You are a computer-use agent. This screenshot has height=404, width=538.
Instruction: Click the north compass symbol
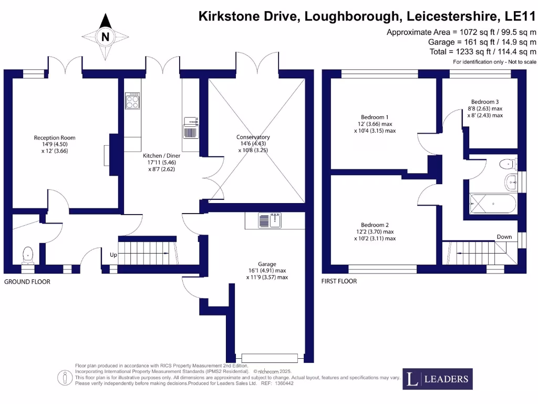[106, 36]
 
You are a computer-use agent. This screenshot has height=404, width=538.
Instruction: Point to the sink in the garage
[270, 220]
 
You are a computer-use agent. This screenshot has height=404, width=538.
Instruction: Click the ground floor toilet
[28, 255]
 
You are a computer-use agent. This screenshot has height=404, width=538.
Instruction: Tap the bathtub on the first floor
[492, 203]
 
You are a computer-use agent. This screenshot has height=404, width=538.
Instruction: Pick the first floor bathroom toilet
[508, 163]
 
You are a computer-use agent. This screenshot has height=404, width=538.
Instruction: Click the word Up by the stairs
[113, 255]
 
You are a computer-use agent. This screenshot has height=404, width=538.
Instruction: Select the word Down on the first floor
[504, 237]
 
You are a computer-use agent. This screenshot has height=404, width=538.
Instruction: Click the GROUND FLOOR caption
[27, 282]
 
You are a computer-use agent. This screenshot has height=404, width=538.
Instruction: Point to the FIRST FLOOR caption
[339, 281]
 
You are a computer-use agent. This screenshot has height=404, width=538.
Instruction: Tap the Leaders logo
[438, 379]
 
